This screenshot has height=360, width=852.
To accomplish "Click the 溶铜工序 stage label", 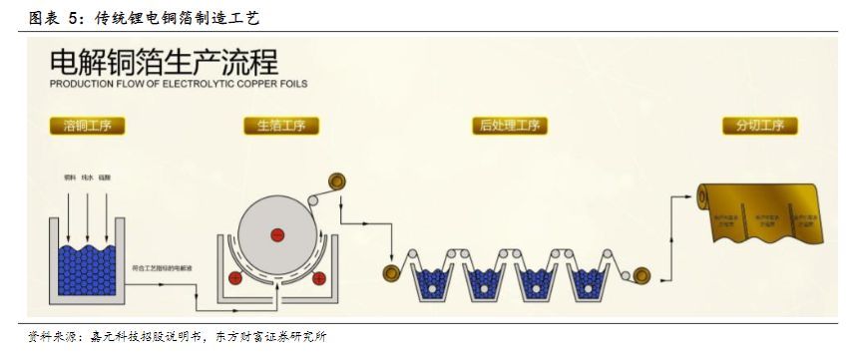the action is coord(87,126).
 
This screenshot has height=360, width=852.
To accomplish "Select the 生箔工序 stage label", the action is coord(280,126).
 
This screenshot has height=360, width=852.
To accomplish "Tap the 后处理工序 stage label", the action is coord(509,126).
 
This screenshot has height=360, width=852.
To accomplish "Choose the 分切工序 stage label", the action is coord(760,126).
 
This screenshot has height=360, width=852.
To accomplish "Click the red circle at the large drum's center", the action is coord(275,235).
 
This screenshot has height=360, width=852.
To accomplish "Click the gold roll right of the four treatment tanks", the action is coord(640,271).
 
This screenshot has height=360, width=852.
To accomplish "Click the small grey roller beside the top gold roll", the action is coord(316,201).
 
